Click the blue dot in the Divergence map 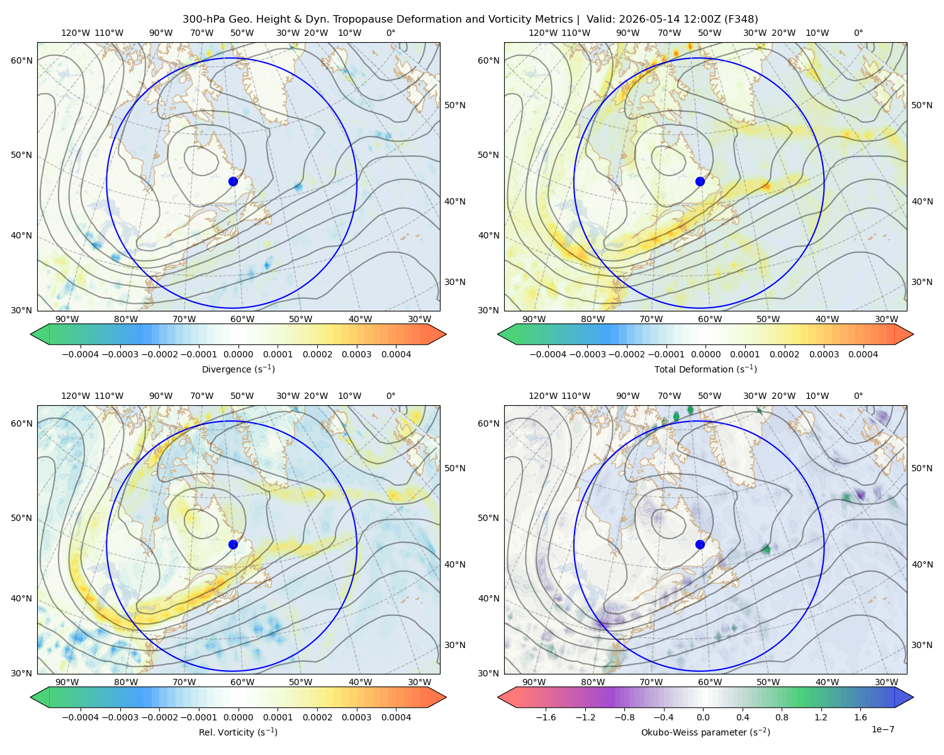[233, 181]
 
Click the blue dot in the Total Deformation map [700, 181]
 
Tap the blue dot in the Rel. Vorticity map [233, 544]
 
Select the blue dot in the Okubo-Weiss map [700, 544]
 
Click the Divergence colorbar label [238, 369]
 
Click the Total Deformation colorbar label [705, 369]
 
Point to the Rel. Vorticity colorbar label [238, 732]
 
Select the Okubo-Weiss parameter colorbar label [705, 732]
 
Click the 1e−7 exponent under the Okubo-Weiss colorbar [882, 729]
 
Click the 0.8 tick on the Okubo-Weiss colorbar [782, 717]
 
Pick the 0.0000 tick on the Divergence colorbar [238, 354]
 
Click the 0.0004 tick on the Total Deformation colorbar [863, 354]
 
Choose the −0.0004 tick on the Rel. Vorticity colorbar [81, 717]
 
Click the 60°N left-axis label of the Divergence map [21, 60]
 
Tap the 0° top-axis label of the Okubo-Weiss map [858, 396]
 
